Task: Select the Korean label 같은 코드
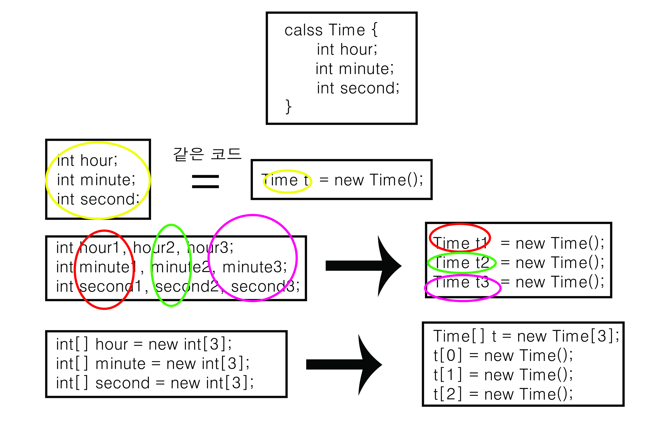point(207,154)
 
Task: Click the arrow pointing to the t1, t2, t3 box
point(363,265)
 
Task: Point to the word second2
point(187,287)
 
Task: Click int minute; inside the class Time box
point(354,69)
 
